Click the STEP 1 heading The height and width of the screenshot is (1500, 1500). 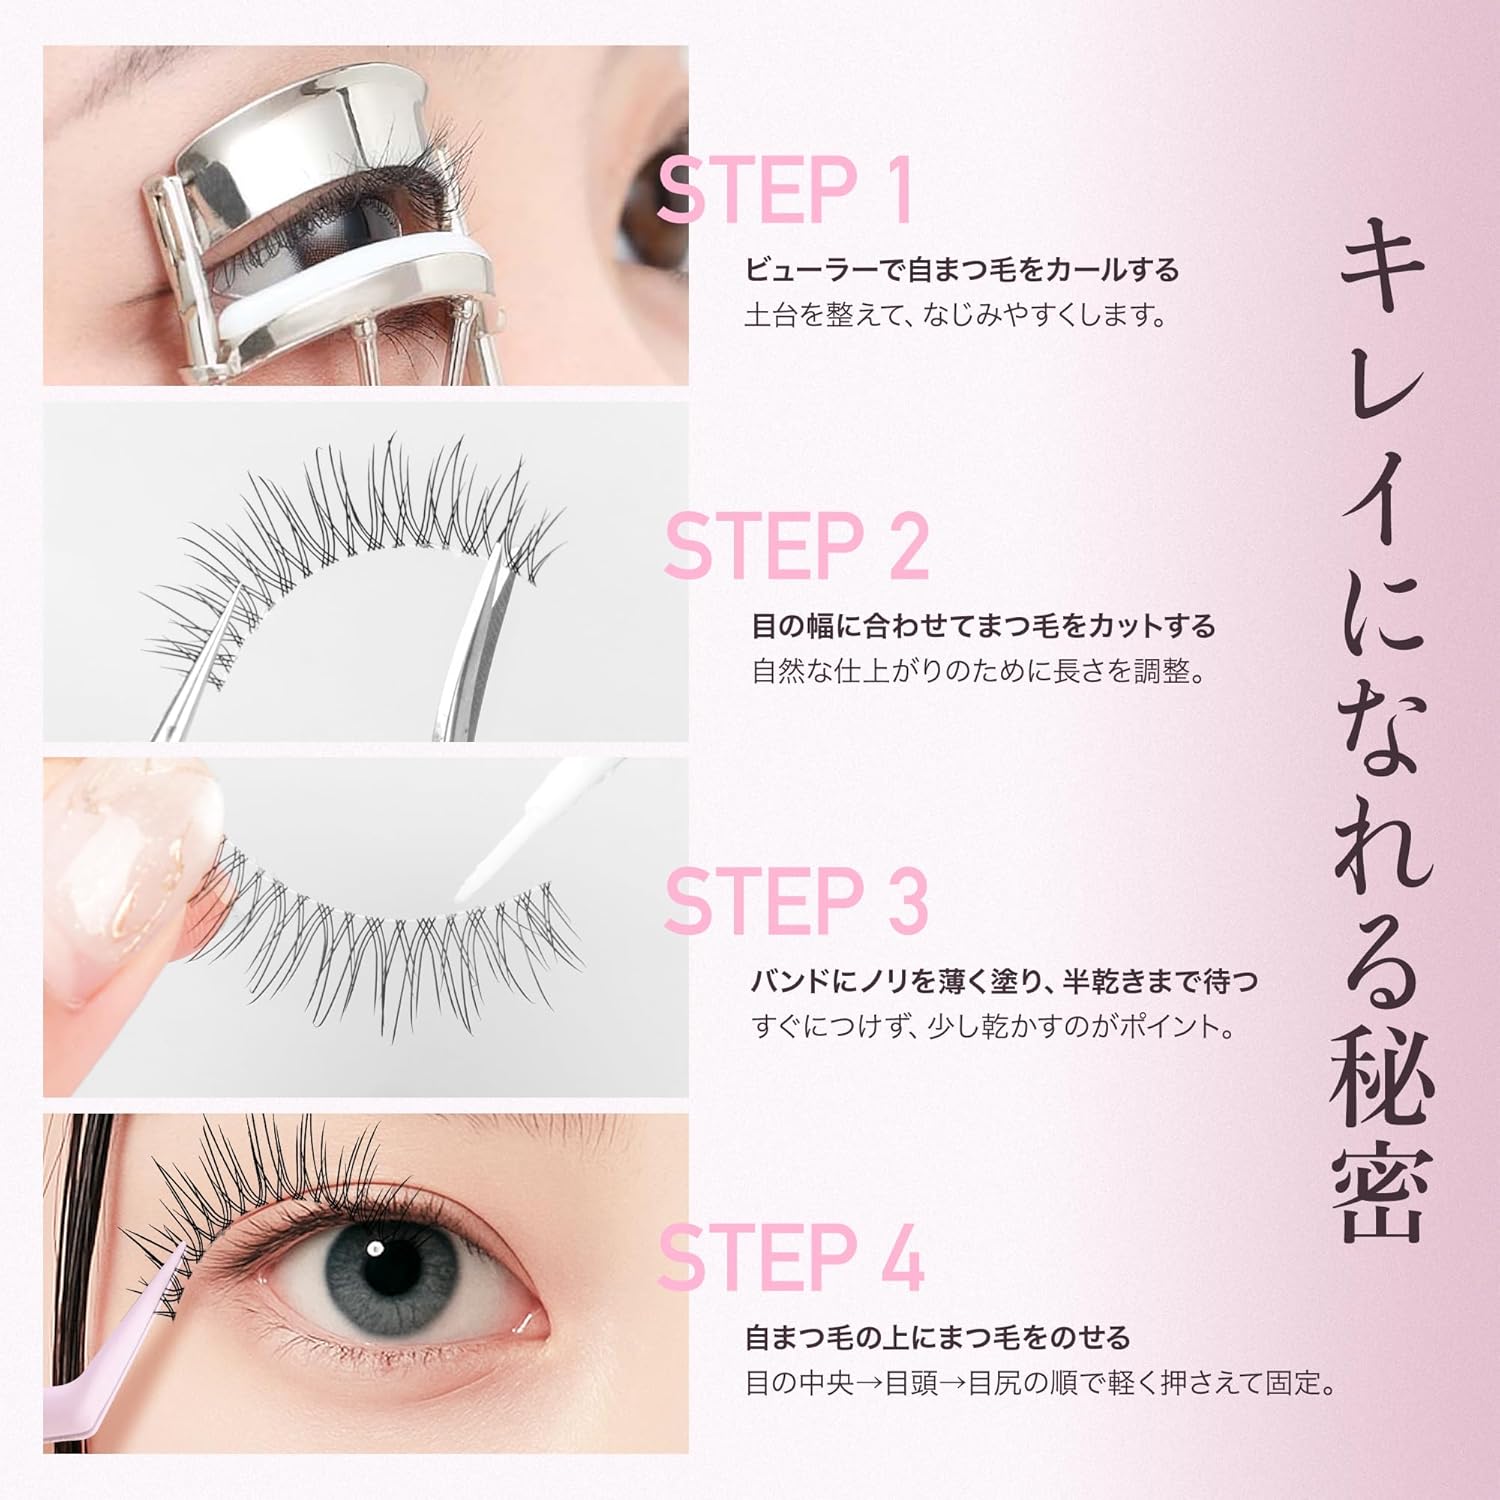coord(785,189)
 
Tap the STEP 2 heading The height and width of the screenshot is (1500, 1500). coord(796,545)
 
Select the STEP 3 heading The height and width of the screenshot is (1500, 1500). coord(796,900)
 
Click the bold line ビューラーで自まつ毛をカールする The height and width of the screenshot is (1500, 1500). coord(962,270)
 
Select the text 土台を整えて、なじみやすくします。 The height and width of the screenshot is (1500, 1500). coord(956,316)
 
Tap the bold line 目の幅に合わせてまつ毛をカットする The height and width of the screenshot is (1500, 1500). coord(983,626)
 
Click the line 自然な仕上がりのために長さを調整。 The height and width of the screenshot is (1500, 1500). coord(979,671)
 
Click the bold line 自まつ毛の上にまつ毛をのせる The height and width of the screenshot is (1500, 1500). coord(938,1337)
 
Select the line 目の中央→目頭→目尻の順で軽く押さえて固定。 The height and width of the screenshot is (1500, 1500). coord(1041,1384)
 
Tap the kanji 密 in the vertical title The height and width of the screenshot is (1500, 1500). coord(1381,1195)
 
